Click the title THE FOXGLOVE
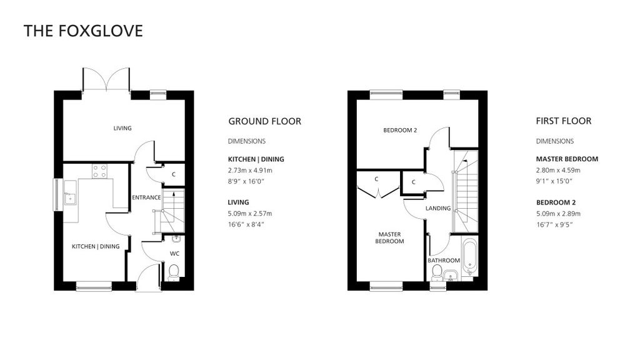point(83,31)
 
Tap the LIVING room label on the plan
point(122,128)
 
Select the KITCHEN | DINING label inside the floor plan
point(95,246)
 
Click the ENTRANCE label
point(146,197)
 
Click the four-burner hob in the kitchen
point(99,171)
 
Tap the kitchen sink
point(69,195)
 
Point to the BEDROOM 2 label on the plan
point(400,130)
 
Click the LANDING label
point(438,208)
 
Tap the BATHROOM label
point(444,260)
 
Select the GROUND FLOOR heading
point(264,121)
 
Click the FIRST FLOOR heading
point(563,121)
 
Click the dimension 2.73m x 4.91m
point(250,170)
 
